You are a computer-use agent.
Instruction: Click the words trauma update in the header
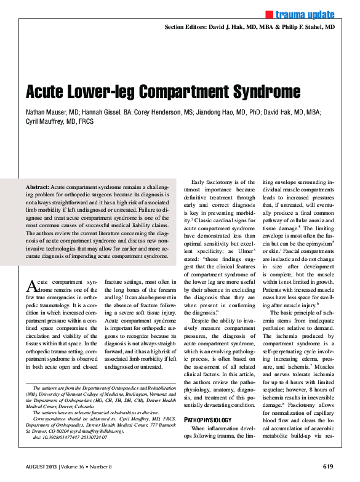305,14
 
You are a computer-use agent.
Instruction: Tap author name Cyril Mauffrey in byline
47,123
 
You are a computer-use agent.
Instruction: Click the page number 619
327,466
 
